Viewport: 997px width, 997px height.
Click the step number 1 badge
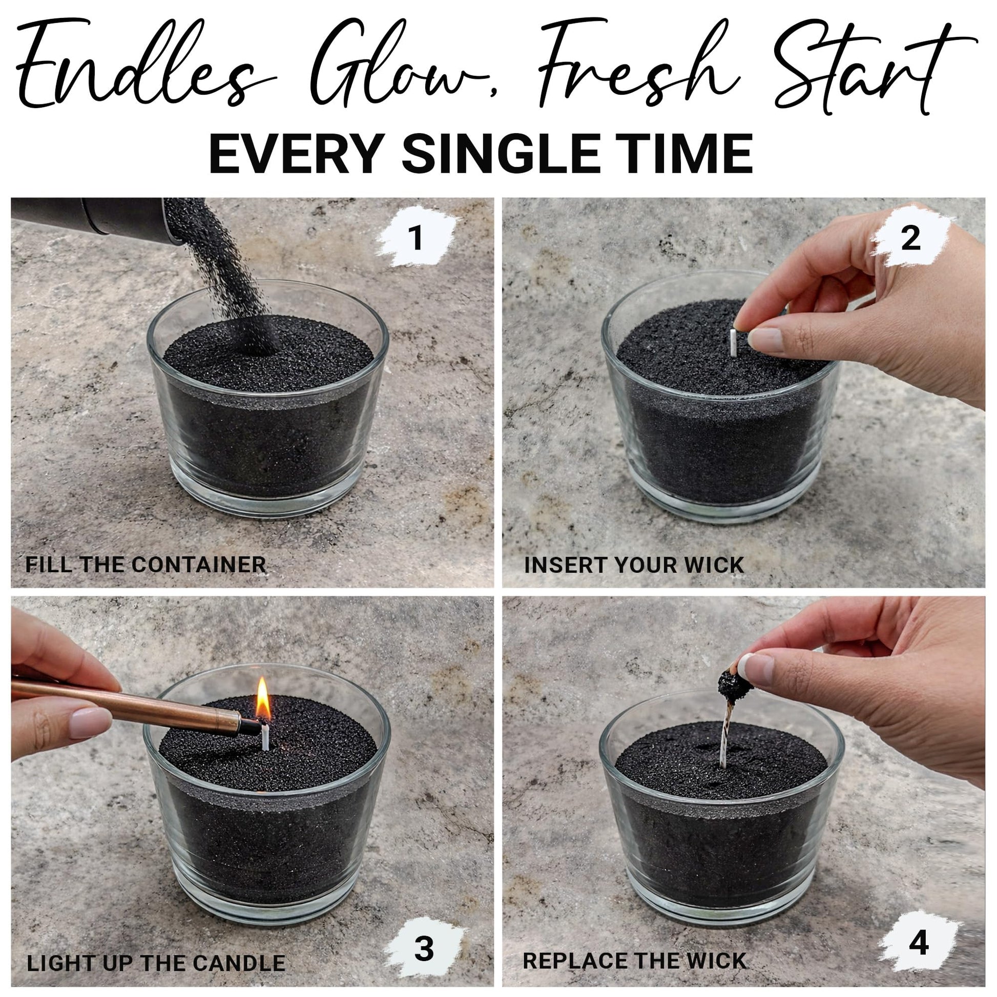[x=417, y=238]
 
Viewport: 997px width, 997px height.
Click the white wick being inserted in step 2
[x=734, y=343]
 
